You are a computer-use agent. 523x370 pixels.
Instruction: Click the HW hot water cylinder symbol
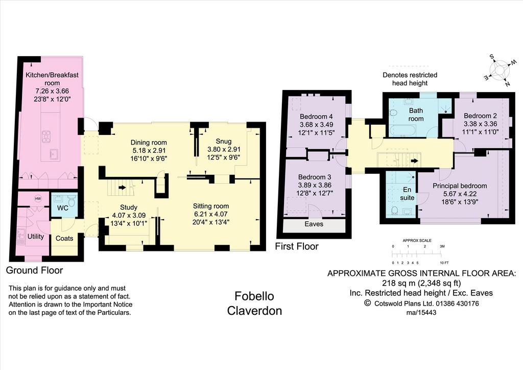point(38,199)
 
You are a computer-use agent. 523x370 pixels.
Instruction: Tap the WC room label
point(63,208)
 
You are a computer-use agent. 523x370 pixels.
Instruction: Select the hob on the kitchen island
point(46,136)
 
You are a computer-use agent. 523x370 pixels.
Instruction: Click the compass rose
point(500,70)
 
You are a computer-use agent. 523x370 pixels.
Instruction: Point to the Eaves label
point(314,224)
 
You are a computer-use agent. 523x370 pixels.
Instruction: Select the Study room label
point(129,207)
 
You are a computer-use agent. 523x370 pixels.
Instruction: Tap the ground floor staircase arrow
point(122,188)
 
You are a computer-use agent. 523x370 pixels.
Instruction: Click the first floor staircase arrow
point(414,161)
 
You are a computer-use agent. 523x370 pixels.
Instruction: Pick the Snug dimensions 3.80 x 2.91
point(224,149)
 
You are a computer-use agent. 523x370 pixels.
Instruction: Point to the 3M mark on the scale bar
point(442,246)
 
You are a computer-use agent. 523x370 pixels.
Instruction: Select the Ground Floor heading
point(34,270)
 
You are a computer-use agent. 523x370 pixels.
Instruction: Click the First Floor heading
point(297,246)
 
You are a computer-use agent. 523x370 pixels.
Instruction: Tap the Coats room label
point(64,238)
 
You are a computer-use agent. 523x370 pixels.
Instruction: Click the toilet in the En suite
point(395,210)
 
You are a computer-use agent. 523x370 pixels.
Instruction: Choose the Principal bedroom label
point(460,186)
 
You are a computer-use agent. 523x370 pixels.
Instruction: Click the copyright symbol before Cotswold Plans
point(367,303)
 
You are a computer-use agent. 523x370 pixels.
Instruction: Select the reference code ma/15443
point(421,313)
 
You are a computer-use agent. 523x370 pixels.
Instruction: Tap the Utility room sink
point(20,236)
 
